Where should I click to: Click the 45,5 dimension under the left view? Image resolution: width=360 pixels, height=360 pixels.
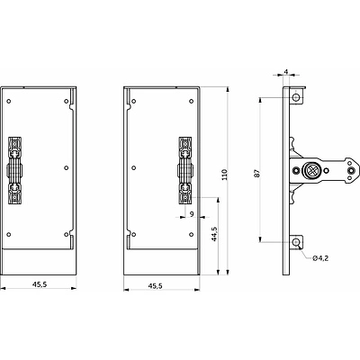(41, 285)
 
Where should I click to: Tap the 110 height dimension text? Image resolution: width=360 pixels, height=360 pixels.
(238, 177)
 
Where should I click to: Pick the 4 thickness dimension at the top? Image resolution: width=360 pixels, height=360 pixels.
(285, 70)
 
